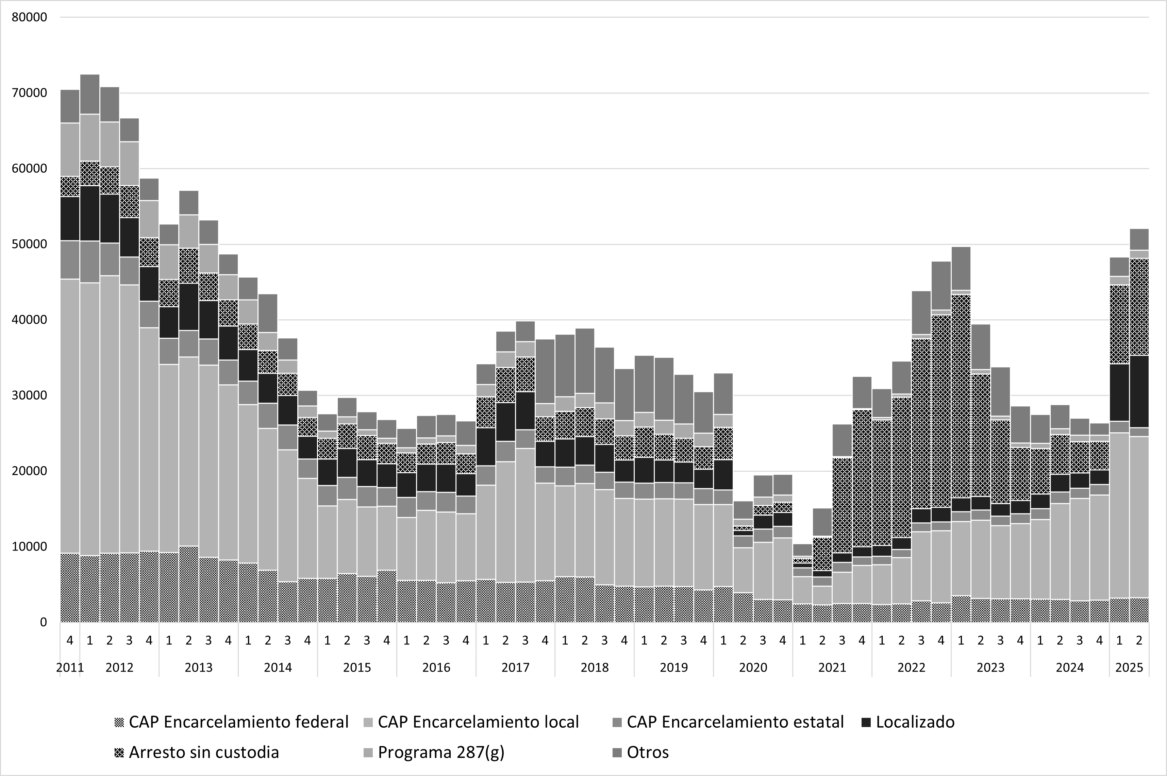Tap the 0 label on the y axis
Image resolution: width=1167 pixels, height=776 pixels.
44,622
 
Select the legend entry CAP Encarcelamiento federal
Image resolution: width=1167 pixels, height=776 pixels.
232,722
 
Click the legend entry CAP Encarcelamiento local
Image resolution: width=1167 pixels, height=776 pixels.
472,722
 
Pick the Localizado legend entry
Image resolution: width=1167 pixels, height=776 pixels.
908,722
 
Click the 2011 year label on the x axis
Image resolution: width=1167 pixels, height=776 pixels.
70,668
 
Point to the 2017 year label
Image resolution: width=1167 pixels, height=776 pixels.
515,668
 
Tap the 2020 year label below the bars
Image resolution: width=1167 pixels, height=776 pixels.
753,668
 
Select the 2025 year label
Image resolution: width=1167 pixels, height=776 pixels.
1129,668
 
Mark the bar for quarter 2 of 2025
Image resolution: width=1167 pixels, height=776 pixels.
1139,426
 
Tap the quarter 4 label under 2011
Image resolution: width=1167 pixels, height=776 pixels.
70,640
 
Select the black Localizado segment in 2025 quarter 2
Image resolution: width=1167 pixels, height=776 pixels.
1139,391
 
